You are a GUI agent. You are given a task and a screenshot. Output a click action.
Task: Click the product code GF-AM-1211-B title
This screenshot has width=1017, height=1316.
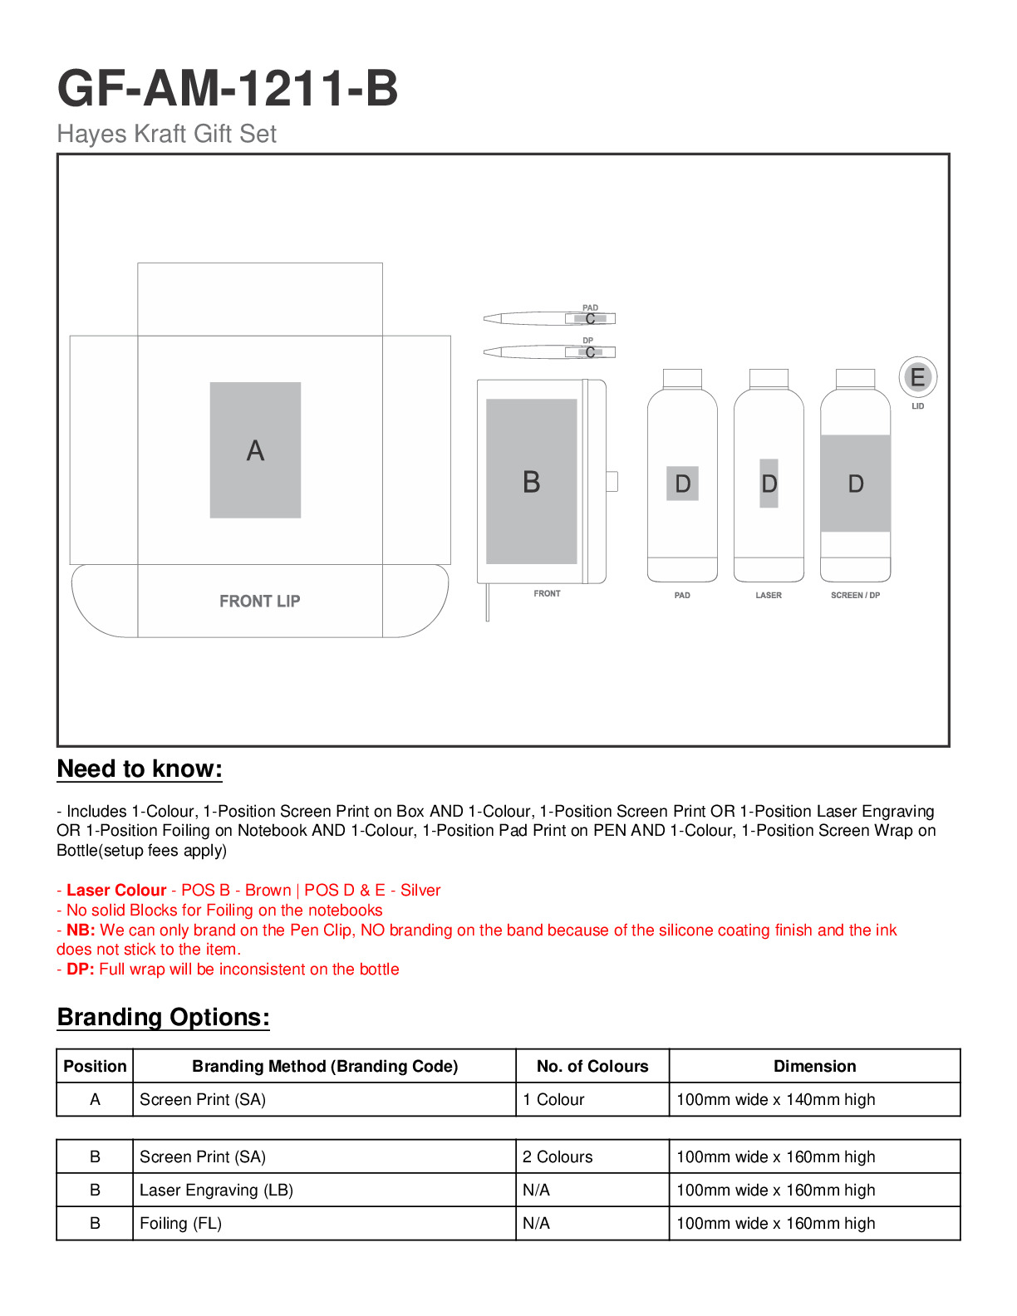(228, 88)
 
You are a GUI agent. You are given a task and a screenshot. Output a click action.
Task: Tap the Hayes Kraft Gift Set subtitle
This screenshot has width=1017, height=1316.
(166, 134)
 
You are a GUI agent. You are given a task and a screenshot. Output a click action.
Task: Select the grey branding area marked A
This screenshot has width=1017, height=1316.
(255, 450)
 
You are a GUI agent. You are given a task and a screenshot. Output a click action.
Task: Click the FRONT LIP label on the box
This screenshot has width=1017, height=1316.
(259, 601)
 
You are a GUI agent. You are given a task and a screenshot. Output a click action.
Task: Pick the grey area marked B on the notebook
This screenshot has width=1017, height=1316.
(532, 482)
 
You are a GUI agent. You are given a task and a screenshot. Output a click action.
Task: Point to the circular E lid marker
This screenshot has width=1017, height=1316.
(917, 377)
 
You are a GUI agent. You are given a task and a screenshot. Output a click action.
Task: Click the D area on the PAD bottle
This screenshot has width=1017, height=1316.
(682, 484)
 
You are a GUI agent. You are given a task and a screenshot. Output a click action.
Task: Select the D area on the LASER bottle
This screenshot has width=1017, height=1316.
(769, 484)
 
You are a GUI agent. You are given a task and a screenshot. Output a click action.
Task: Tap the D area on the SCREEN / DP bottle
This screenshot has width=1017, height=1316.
(856, 484)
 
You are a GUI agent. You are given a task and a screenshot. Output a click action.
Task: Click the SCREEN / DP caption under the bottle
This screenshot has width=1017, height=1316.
(855, 596)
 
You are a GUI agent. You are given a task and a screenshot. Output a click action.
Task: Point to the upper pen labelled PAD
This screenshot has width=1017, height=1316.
(549, 318)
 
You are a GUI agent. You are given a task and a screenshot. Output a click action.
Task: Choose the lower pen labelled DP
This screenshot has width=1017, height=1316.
(549, 352)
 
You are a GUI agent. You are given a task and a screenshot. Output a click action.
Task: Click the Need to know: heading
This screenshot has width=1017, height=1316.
(140, 769)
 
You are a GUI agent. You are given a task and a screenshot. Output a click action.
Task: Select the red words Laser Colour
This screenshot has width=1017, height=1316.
(116, 890)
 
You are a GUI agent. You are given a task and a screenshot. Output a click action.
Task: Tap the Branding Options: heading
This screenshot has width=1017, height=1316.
(164, 1018)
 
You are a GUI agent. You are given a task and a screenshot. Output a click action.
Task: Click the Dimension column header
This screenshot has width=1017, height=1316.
(814, 1066)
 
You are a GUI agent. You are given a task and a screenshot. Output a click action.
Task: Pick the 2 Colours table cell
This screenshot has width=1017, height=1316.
(558, 1156)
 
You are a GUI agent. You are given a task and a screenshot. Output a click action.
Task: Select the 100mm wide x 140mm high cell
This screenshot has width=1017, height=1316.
(776, 1099)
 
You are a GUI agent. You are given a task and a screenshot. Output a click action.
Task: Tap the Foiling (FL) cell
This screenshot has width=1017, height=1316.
(180, 1223)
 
